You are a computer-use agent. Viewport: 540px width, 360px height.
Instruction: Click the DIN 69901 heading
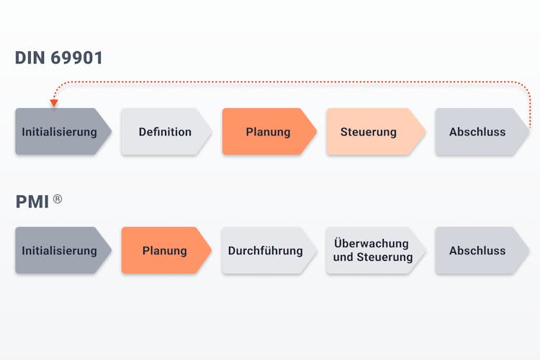click(x=59, y=58)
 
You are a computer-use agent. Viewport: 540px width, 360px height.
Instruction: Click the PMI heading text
click(x=32, y=202)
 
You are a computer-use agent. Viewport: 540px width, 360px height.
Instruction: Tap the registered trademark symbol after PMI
click(x=58, y=199)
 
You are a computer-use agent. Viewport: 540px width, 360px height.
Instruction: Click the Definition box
click(x=165, y=132)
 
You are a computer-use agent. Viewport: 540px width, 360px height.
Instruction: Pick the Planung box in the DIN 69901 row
click(x=268, y=132)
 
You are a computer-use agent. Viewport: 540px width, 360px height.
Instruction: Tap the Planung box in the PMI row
click(x=165, y=251)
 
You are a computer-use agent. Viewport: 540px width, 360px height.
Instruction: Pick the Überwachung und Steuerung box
click(x=374, y=251)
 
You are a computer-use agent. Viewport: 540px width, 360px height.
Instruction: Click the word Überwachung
click(x=372, y=243)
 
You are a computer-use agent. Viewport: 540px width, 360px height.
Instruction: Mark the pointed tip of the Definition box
click(x=212, y=132)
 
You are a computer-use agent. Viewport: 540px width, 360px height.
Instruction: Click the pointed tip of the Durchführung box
click(x=317, y=251)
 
